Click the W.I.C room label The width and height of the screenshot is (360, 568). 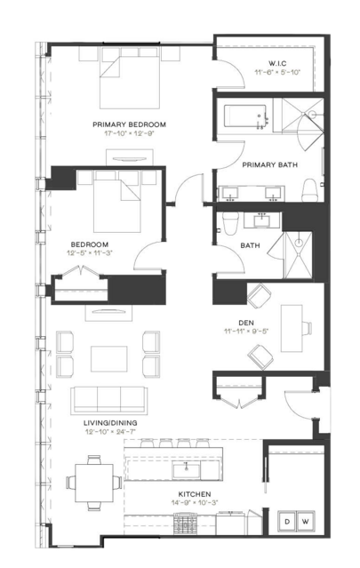click(277, 63)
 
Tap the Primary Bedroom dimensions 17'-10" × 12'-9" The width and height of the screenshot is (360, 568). click(129, 133)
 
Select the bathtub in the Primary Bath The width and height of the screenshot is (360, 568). click(244, 116)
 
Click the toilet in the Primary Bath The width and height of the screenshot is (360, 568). click(310, 190)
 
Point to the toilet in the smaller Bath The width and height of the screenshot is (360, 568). click(230, 223)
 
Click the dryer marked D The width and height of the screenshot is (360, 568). click(287, 521)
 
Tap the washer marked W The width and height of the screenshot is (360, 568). click(306, 521)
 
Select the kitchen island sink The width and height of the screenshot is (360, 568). click(187, 470)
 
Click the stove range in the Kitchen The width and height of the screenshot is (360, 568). click(186, 524)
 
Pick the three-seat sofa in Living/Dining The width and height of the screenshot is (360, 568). click(109, 400)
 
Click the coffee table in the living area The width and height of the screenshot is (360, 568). click(109, 358)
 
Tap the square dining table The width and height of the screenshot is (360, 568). click(94, 483)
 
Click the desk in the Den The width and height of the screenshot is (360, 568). click(292, 328)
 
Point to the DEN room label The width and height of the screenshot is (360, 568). click(246, 323)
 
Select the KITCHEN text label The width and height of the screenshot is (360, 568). click(195, 494)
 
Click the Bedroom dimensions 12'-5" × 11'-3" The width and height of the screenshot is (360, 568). click(90, 252)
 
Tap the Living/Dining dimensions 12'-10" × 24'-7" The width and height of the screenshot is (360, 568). click(110, 431)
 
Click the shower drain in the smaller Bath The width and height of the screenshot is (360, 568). click(299, 243)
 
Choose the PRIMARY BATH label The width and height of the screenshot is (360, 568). click(270, 164)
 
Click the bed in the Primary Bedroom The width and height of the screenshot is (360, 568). click(130, 78)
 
